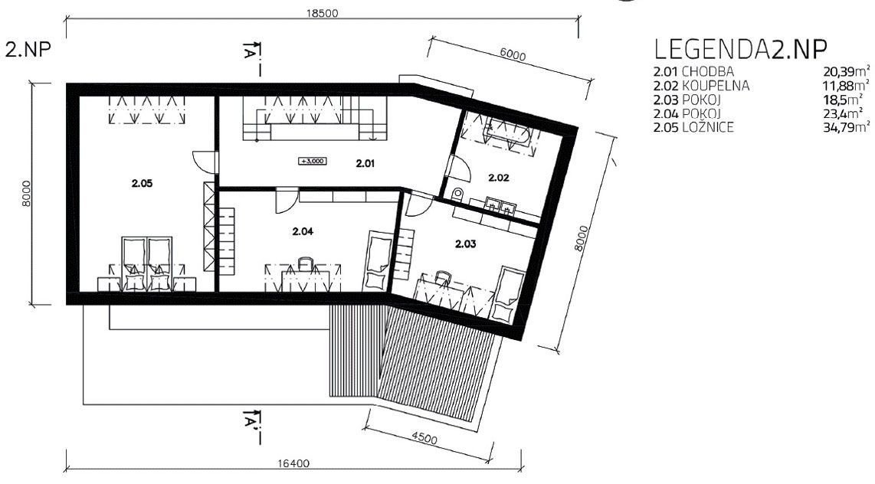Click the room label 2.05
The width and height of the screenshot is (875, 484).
click(143, 184)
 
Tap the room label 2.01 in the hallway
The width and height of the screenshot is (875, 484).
click(365, 163)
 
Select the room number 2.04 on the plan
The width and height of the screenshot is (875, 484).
click(303, 231)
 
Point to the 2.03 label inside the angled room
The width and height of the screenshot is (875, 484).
click(465, 244)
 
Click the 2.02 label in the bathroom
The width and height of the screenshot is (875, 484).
click(498, 178)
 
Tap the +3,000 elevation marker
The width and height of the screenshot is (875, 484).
click(313, 162)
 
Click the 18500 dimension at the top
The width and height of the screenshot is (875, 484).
click(322, 13)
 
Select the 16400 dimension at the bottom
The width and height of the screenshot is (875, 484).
click(293, 463)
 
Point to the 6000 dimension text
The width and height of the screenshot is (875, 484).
click(513, 54)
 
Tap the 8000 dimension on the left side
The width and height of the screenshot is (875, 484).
click(25, 194)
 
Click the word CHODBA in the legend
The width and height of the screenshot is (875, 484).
click(708, 72)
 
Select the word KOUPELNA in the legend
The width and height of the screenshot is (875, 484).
click(716, 86)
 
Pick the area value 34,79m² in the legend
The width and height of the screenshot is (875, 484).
click(846, 127)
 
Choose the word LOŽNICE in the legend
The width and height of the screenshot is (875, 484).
click(708, 127)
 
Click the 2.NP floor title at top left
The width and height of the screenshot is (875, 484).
click(28, 49)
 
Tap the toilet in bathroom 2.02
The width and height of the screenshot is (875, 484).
click(457, 195)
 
